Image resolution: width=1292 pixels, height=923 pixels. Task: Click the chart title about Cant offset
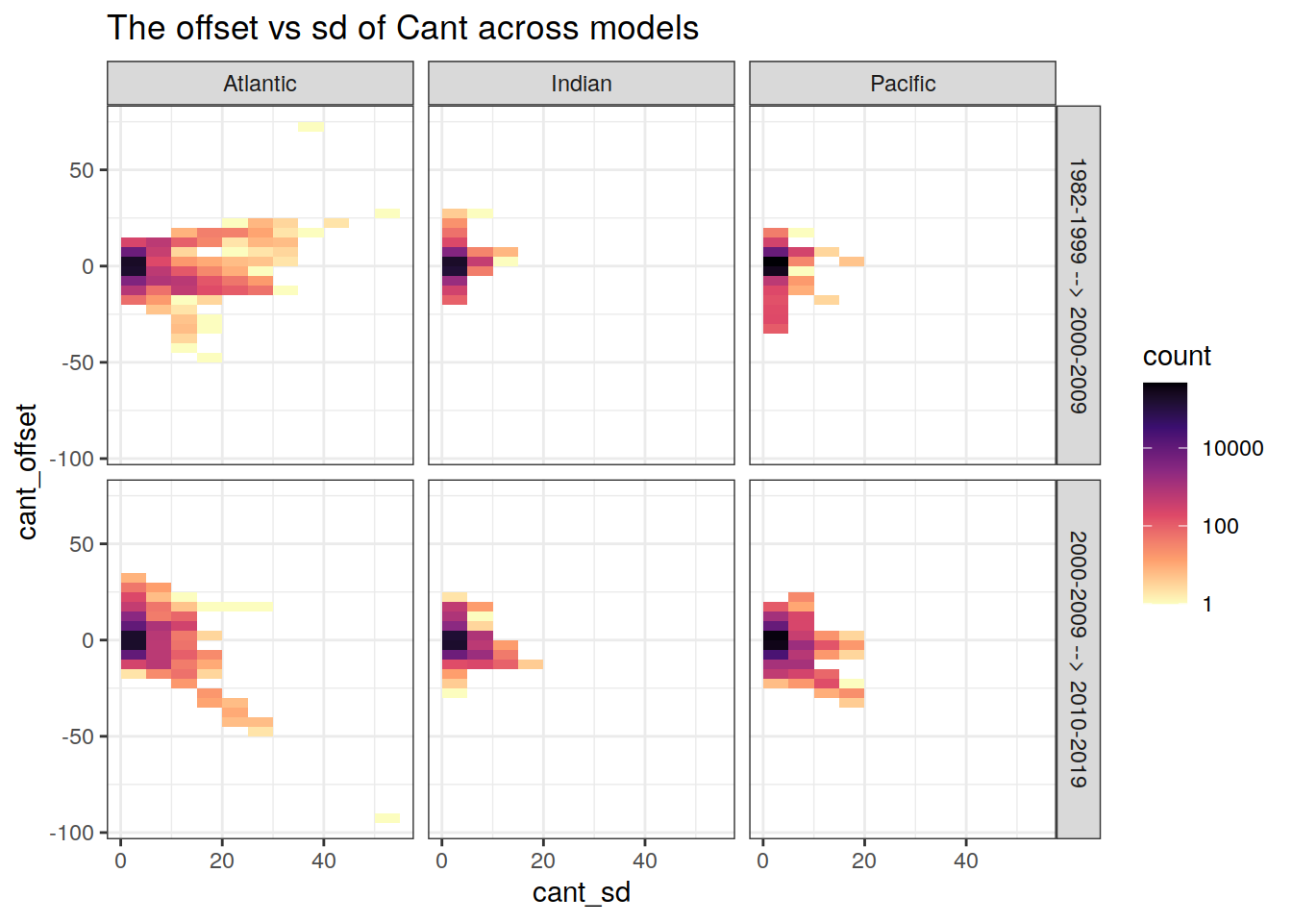[x=403, y=28]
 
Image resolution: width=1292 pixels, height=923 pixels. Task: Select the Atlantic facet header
[x=260, y=84]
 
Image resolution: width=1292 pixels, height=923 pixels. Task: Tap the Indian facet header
[x=581, y=84]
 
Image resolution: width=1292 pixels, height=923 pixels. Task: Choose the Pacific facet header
[x=903, y=84]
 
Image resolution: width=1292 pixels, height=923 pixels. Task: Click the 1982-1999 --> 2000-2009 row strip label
[x=1079, y=286]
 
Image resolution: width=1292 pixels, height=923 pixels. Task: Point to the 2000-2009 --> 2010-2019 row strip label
[x=1079, y=660]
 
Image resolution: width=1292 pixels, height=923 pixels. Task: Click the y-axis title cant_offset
[x=27, y=471]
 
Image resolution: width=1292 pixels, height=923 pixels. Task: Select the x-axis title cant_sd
[x=581, y=892]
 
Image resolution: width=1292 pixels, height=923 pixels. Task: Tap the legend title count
[x=1177, y=357]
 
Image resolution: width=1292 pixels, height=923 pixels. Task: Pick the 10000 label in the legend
[x=1232, y=449]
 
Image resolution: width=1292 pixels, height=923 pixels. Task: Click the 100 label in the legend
[x=1220, y=527]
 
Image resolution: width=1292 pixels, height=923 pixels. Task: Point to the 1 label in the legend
[x=1207, y=605]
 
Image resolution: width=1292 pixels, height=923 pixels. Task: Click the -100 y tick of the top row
[x=72, y=459]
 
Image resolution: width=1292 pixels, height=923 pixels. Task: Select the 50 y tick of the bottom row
[x=82, y=544]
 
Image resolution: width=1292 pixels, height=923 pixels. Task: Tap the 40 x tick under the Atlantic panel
[x=324, y=861]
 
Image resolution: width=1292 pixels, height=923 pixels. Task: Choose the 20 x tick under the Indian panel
[x=543, y=861]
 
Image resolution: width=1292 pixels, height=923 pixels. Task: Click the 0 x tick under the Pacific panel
[x=762, y=861]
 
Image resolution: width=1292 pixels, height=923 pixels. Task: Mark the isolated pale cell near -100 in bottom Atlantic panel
[x=387, y=818]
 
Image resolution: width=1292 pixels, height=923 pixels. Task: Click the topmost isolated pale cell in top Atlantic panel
[x=311, y=127]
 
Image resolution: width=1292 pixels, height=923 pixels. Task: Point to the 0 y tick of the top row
[x=87, y=266]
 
